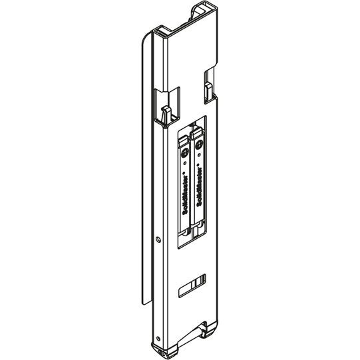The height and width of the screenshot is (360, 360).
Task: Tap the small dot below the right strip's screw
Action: point(200,161)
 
